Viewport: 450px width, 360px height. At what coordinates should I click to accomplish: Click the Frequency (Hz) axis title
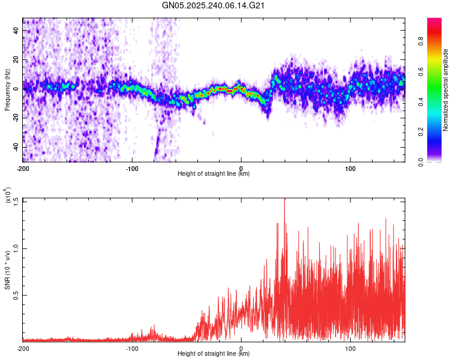tap(7, 90)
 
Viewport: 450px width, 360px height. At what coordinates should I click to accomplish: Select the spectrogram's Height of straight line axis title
tap(214, 175)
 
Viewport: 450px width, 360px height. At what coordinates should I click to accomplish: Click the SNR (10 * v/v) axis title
tap(7, 270)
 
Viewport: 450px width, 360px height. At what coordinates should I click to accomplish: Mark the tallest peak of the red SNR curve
tap(284, 200)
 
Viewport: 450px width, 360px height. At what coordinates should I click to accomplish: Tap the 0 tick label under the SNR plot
tap(241, 348)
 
